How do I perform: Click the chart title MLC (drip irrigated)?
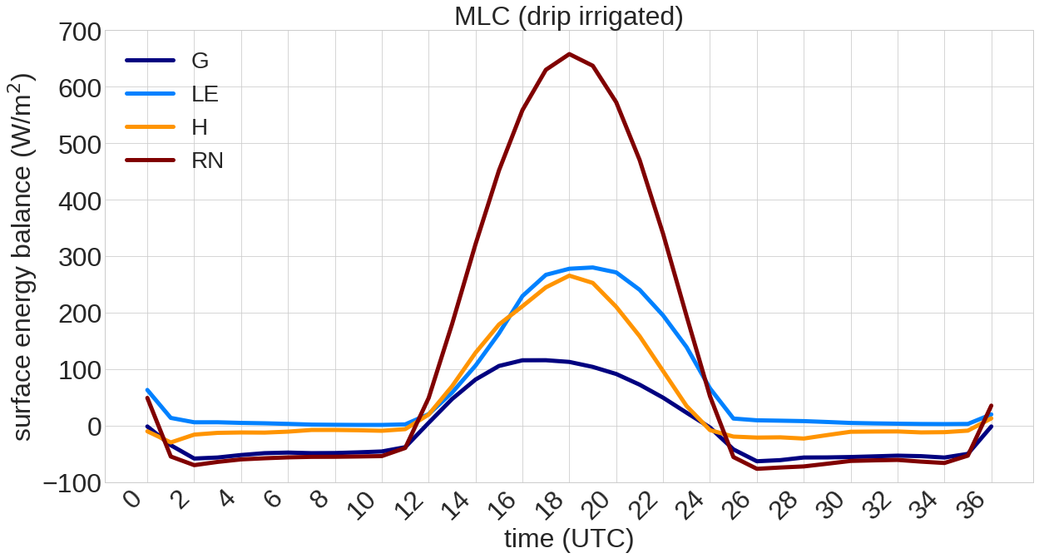click(568, 16)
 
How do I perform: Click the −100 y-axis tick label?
click(81, 482)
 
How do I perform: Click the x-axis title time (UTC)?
click(569, 539)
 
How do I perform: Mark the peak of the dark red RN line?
click(569, 54)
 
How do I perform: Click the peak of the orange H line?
click(569, 275)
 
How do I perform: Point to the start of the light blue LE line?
click(147, 390)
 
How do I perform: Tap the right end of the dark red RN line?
click(992, 406)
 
